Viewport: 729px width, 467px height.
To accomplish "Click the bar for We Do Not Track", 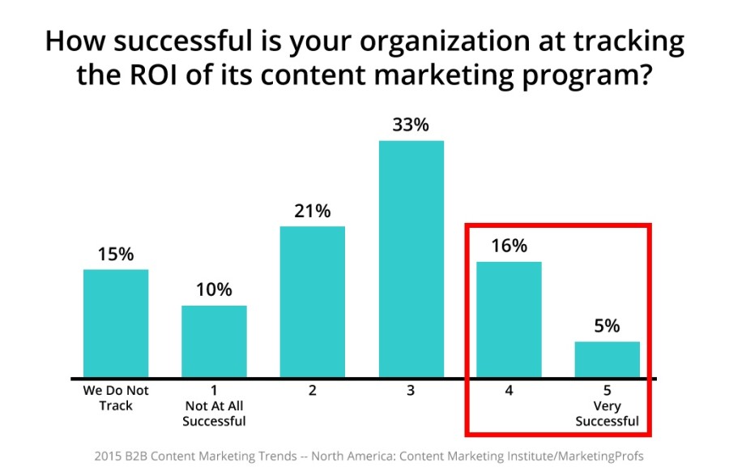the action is click(x=116, y=323).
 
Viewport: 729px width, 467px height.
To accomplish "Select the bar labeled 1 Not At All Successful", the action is click(x=214, y=341).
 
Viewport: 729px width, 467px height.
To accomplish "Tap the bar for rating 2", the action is click(x=313, y=302).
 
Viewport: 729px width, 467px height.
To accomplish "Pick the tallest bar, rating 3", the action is click(x=411, y=259).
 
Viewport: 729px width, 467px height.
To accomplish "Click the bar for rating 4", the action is click(x=509, y=319).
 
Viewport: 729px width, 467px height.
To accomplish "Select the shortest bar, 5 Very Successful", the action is click(x=607, y=359).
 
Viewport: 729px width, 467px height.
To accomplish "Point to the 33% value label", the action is click(x=411, y=125).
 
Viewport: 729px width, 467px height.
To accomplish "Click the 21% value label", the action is click(x=313, y=211).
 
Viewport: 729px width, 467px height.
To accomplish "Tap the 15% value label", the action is click(x=116, y=255).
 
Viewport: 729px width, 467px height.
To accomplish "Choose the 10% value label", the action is click(x=214, y=289).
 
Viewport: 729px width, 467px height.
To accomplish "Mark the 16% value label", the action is click(x=509, y=246).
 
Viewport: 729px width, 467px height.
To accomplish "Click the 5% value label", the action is click(x=607, y=326).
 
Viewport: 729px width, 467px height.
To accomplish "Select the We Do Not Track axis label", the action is click(x=116, y=398).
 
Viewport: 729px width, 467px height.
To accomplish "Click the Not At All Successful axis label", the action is click(x=214, y=413).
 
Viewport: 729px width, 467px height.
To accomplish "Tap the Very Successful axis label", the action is click(x=607, y=413).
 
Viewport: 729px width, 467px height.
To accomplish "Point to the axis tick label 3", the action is click(x=411, y=390).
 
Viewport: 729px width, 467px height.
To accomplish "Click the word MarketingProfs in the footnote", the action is click(x=601, y=456).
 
